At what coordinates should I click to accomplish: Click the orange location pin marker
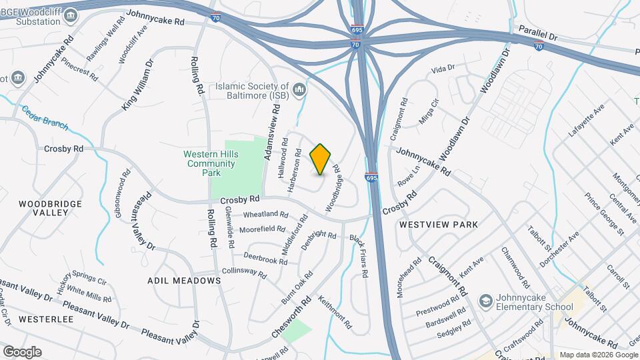coord(321,159)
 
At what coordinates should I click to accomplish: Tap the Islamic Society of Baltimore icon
coord(299,88)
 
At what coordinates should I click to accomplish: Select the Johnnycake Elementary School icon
coord(485,301)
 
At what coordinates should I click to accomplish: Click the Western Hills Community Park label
coord(202,163)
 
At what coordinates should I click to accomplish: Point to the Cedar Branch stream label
coord(45,115)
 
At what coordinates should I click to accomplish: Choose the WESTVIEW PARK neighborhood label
coord(438,225)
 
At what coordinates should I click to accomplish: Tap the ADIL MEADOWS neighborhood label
coord(184,281)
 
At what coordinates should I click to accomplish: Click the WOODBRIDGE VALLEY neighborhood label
coord(51,208)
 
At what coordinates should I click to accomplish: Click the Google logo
coord(21,351)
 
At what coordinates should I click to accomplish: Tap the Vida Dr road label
coord(443,68)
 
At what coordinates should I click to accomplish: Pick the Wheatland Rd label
coord(265,215)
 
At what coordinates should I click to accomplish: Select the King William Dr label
coord(138,85)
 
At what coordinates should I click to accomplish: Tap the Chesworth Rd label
coord(292,317)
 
